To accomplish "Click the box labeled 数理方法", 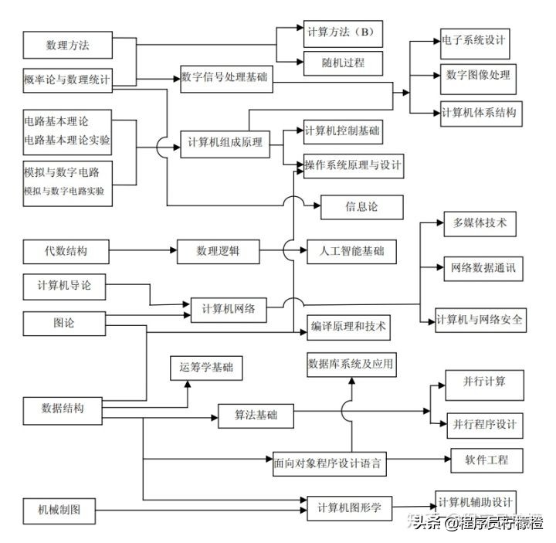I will [68, 45].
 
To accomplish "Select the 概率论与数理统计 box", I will [68, 80].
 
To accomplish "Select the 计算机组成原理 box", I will [225, 144].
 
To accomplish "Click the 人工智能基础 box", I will [351, 251].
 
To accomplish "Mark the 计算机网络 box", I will [229, 309].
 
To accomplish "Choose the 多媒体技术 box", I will [480, 223].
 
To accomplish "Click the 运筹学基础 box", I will [206, 368].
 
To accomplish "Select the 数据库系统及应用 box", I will [351, 364].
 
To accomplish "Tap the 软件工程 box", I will [486, 460].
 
